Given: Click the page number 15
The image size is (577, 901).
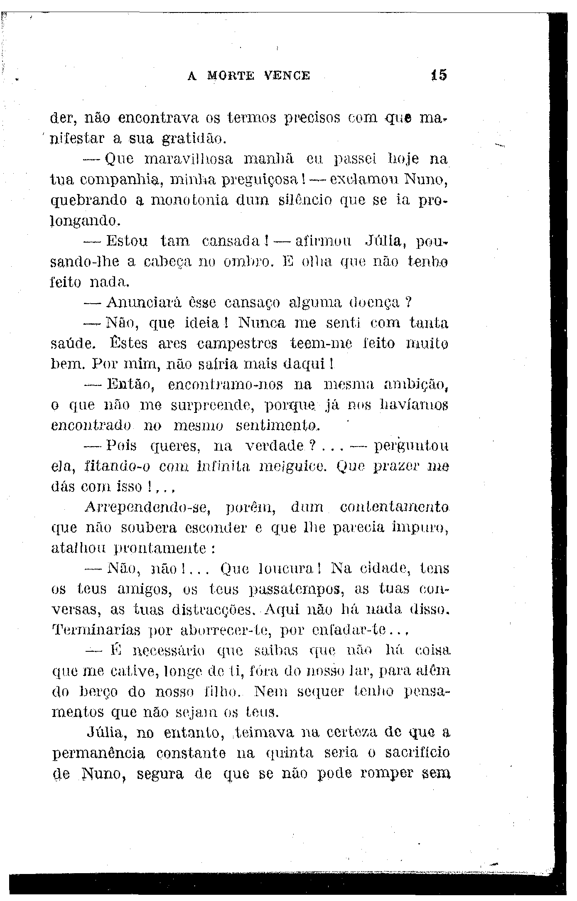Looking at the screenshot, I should click(x=439, y=75).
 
